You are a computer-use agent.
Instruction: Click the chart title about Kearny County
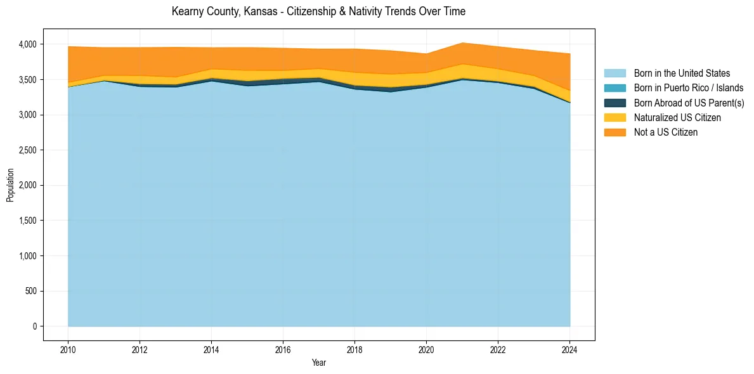318,11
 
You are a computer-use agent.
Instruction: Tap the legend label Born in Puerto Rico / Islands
689,88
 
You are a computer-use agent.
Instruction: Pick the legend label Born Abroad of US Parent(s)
689,103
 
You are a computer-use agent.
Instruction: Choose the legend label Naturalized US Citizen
677,118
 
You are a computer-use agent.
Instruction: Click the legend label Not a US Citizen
666,132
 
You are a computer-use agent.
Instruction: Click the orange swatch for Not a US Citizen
614,132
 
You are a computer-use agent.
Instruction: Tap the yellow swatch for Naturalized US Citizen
614,118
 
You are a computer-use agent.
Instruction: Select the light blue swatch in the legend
614,74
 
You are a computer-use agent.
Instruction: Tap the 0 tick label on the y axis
35,326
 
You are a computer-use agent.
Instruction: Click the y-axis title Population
10,185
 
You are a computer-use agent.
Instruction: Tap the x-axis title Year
319,363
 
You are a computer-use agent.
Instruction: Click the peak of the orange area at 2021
462,43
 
